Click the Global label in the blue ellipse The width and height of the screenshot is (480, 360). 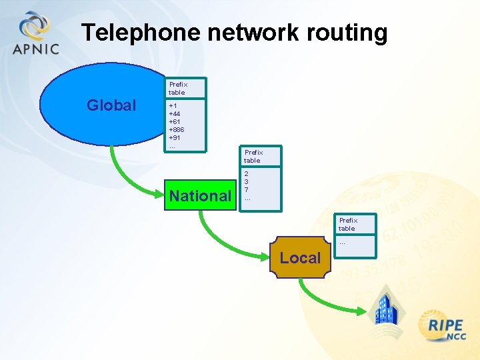coord(111,105)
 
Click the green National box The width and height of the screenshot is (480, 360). coord(200,196)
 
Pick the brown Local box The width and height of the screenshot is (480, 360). coord(299,258)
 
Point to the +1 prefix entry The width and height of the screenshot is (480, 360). coord(173,105)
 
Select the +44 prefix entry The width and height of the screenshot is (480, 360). coord(175,113)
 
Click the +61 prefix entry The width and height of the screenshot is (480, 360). coord(175,121)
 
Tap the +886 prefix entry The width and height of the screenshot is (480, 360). coord(177,129)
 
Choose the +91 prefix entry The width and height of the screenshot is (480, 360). coord(175,137)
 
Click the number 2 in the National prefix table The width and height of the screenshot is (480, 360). coord(247,174)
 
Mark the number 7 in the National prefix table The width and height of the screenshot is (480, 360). coord(247,190)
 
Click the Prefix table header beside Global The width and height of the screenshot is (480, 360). coord(178,88)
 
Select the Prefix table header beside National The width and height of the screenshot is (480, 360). coord(253,156)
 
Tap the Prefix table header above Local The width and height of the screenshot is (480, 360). coord(347,224)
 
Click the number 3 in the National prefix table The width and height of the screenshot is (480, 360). coord(247,182)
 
